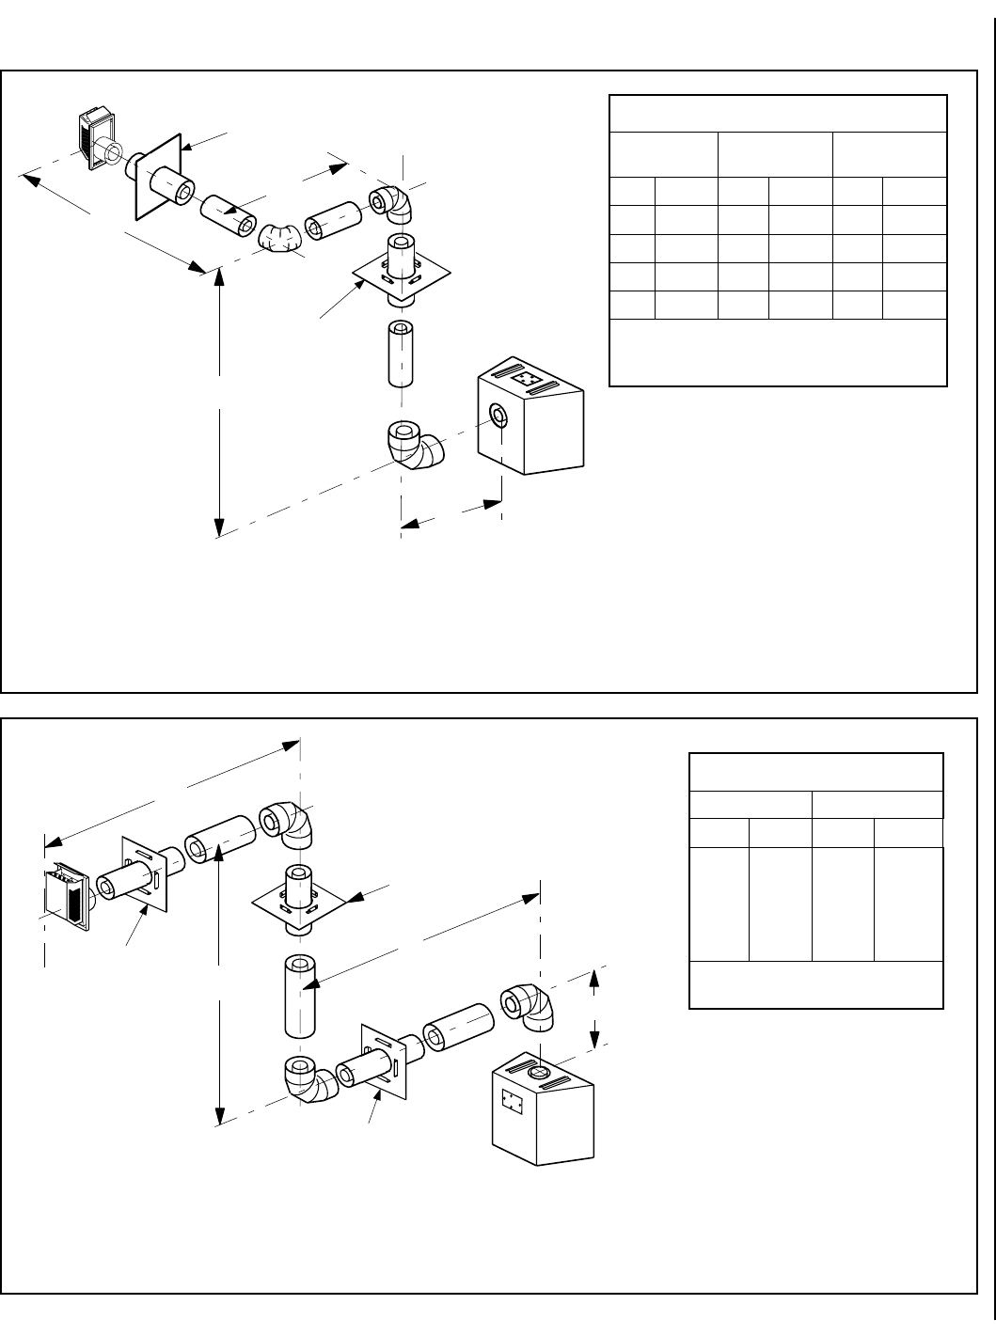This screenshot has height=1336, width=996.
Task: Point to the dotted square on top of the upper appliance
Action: (x=527, y=379)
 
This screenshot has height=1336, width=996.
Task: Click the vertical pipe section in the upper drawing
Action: (x=401, y=354)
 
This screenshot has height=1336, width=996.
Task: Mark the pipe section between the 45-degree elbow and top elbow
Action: (x=329, y=220)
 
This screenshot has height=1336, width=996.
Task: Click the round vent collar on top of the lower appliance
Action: (x=539, y=1072)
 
